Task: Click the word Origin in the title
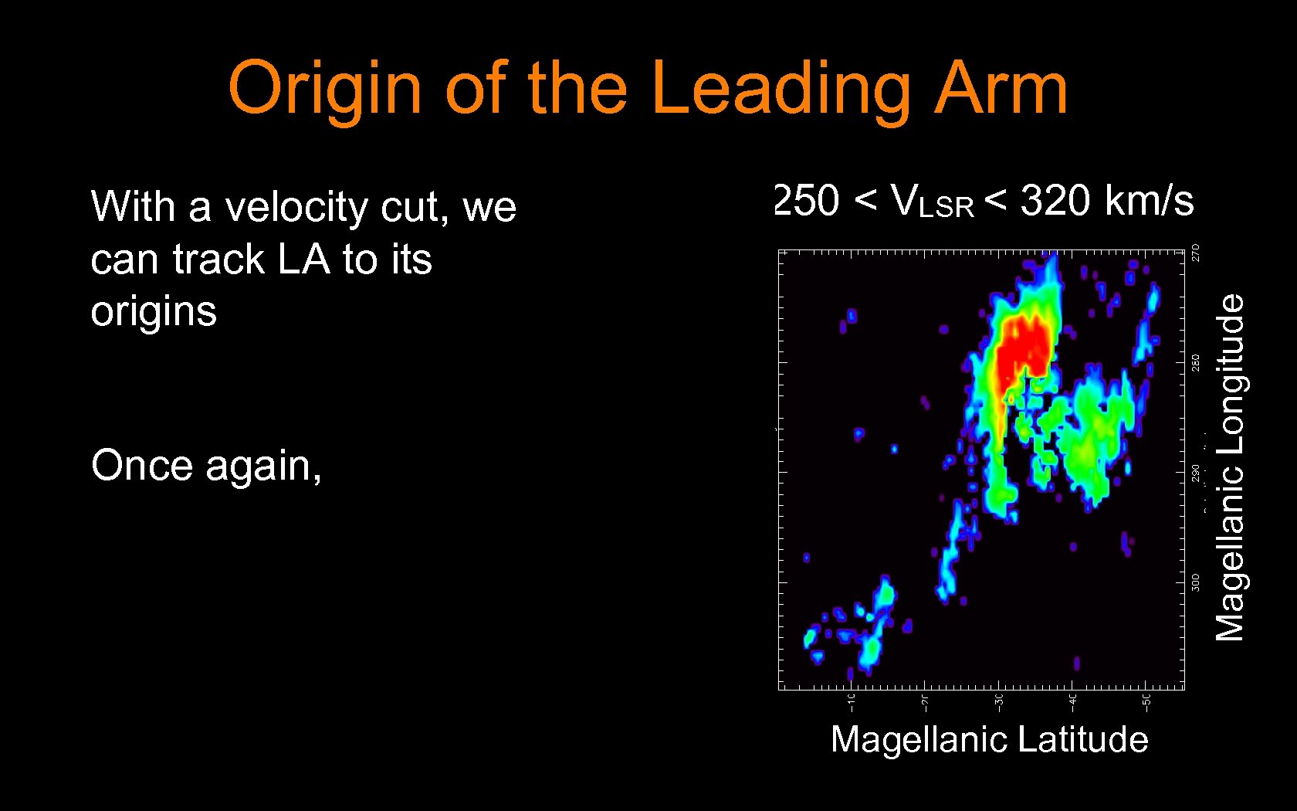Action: pyautogui.click(x=325, y=89)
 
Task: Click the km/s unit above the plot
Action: pyautogui.click(x=1150, y=201)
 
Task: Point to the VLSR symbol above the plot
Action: pyautogui.click(x=931, y=202)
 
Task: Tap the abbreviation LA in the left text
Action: pyautogui.click(x=303, y=260)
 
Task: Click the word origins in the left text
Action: pyautogui.click(x=154, y=312)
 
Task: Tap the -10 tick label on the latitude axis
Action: pyautogui.click(x=851, y=702)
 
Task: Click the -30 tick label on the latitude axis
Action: pyautogui.click(x=998, y=702)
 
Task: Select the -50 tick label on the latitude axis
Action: pyautogui.click(x=1146, y=702)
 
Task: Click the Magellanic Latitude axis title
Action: pyautogui.click(x=989, y=740)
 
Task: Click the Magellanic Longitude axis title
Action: pyautogui.click(x=1231, y=467)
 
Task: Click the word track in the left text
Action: pyautogui.click(x=216, y=260)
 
